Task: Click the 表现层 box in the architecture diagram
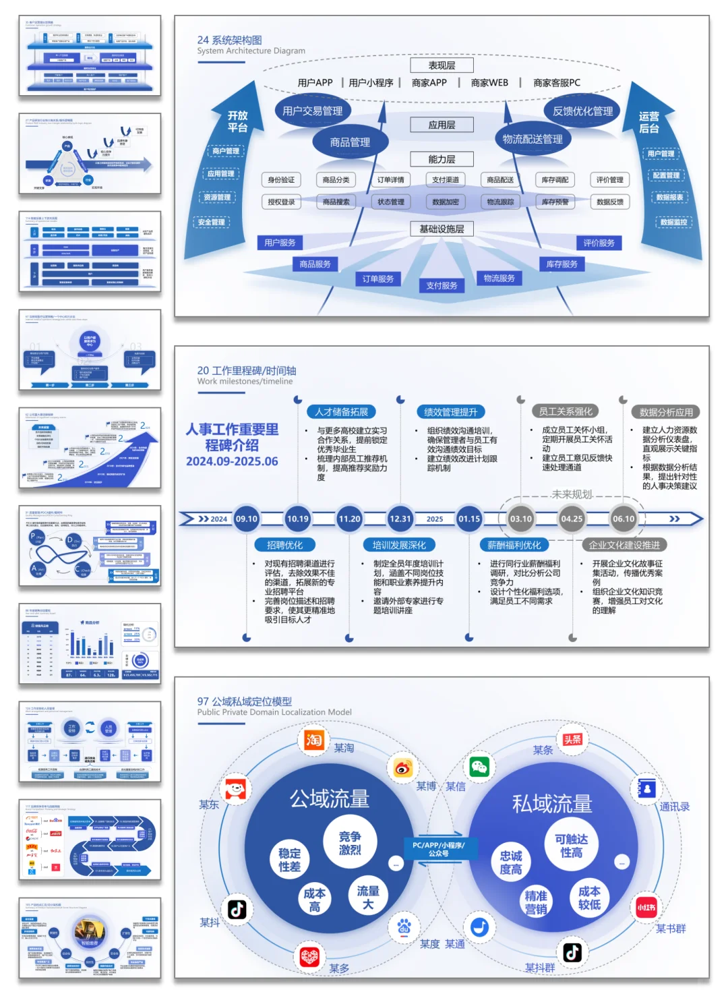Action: point(442,65)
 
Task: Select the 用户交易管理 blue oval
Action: point(312,111)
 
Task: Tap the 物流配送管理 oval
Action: point(533,139)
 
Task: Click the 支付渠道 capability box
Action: point(446,180)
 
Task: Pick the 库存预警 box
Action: point(555,202)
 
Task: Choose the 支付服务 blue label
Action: point(442,285)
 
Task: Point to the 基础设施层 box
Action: point(442,229)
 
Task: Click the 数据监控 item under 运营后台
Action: point(673,222)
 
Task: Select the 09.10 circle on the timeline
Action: point(247,519)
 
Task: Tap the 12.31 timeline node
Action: point(400,519)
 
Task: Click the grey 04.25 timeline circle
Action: point(572,519)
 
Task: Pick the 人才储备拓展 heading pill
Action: point(342,412)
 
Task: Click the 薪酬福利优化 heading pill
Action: point(514,545)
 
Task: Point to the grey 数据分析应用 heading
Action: point(666,412)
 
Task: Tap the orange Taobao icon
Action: point(313,740)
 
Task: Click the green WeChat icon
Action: point(479,767)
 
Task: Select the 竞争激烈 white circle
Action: point(349,843)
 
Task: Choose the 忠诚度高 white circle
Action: point(510,863)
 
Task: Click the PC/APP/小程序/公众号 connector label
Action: point(438,849)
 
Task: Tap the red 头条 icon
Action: point(572,740)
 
